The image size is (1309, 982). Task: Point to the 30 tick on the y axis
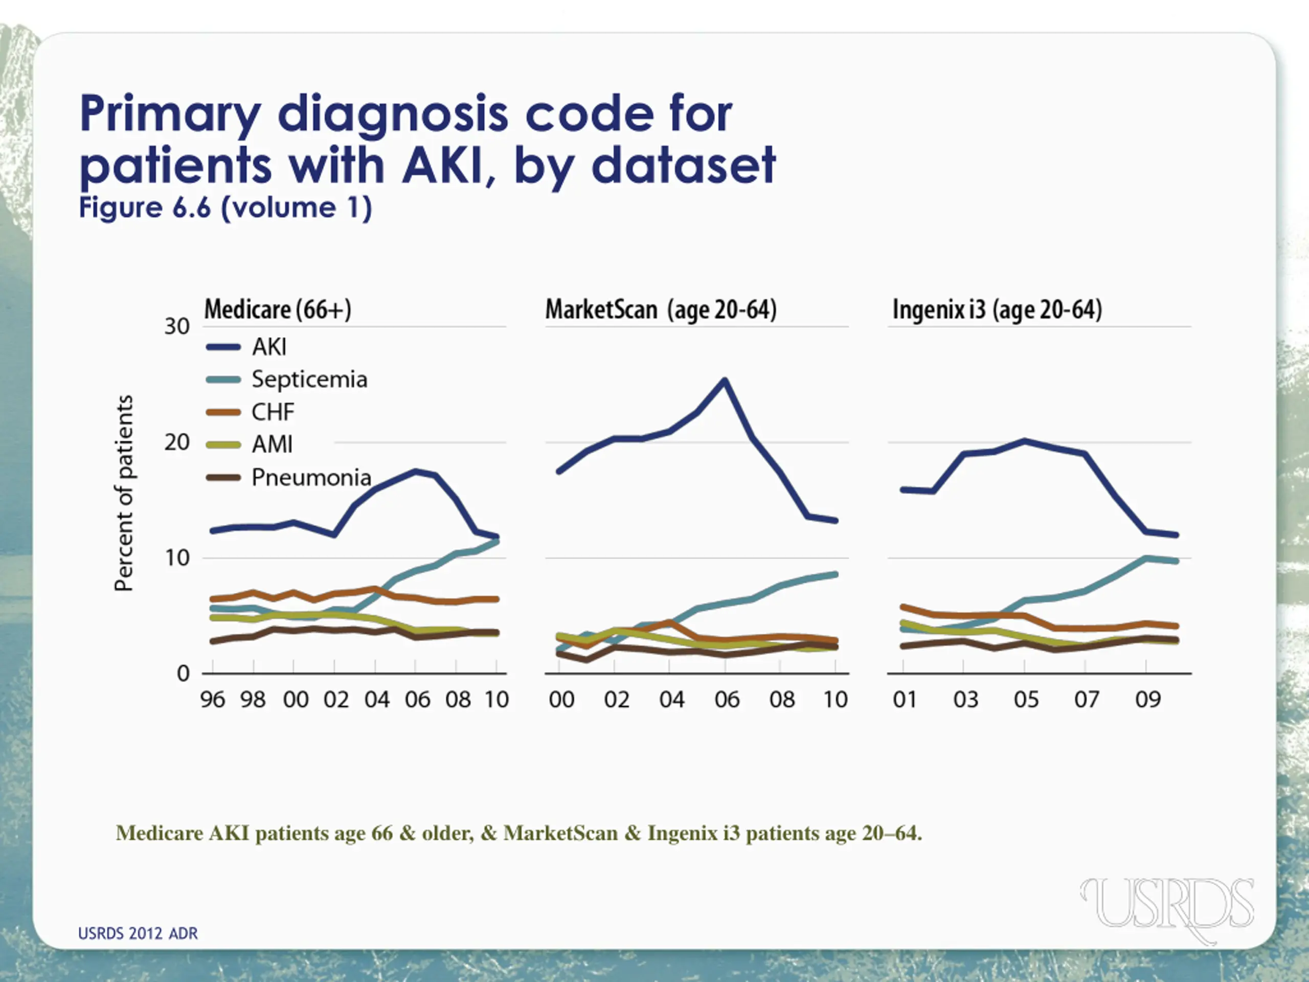[x=177, y=327]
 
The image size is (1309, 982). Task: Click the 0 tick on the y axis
[x=183, y=674]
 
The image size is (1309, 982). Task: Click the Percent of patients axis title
[x=124, y=493]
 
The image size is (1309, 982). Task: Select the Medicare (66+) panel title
[x=278, y=309]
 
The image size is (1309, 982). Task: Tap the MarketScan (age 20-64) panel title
[x=661, y=309]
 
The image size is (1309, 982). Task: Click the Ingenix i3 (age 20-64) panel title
[x=997, y=309]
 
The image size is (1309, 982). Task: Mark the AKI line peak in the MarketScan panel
[x=725, y=380]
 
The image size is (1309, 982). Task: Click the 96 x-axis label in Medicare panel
[x=212, y=700]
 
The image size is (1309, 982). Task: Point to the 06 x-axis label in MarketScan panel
[x=727, y=700]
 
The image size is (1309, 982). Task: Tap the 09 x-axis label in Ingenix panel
[x=1147, y=700]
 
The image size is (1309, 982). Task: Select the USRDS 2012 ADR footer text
[x=138, y=933]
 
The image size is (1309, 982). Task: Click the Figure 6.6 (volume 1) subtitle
[x=225, y=208]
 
